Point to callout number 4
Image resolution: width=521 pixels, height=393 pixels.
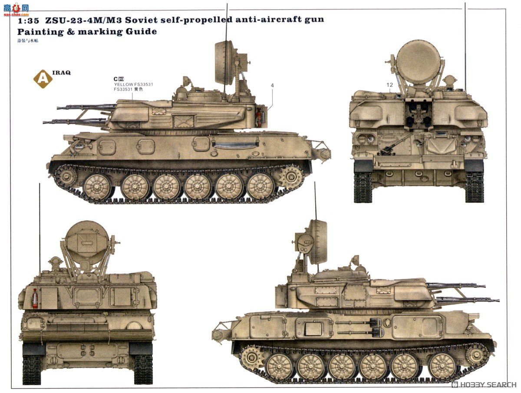coord(272,86)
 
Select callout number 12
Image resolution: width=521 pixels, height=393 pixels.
coord(390,86)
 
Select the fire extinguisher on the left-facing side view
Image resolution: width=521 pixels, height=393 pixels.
coord(260,118)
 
